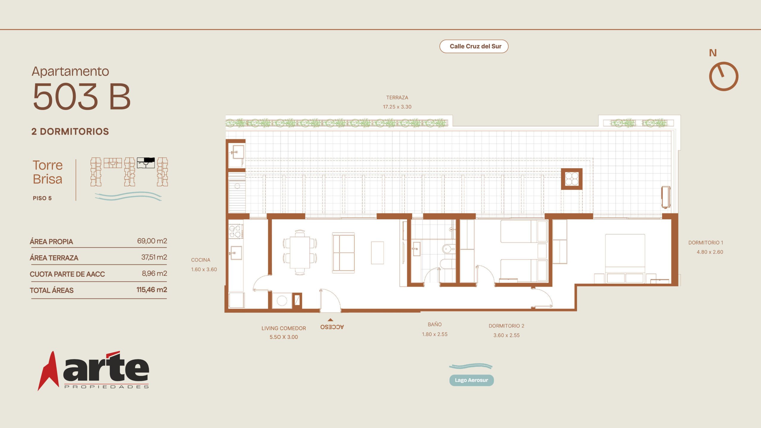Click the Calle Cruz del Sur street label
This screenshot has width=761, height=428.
(x=475, y=46)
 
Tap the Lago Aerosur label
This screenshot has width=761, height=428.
(x=471, y=380)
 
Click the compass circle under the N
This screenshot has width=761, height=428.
(x=724, y=76)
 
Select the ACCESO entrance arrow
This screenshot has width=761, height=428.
(x=330, y=320)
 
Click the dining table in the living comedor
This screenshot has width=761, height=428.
(x=300, y=253)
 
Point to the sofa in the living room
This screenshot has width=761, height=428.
(x=343, y=253)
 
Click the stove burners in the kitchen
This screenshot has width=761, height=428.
(x=235, y=232)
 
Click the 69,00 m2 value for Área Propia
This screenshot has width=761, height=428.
(x=152, y=241)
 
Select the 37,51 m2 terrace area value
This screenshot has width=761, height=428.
(x=154, y=257)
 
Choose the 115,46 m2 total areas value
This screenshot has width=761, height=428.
(x=152, y=290)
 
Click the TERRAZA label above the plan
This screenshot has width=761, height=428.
(x=397, y=97)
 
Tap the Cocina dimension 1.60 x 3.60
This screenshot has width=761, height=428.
(x=204, y=270)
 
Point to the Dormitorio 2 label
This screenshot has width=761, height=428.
(x=507, y=326)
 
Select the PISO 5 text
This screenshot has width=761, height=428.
(x=42, y=198)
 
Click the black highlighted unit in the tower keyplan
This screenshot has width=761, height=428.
(x=149, y=160)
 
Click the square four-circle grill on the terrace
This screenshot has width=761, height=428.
(x=572, y=179)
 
